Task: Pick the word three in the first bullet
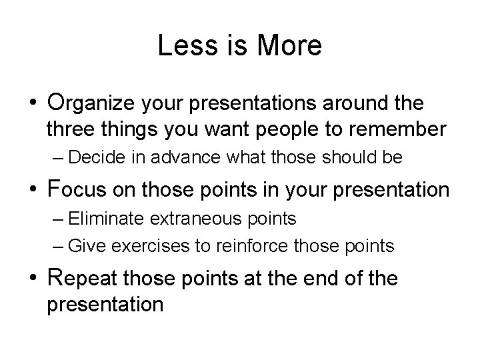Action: (69, 129)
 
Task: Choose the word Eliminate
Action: (100, 218)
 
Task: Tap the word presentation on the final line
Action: (104, 304)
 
